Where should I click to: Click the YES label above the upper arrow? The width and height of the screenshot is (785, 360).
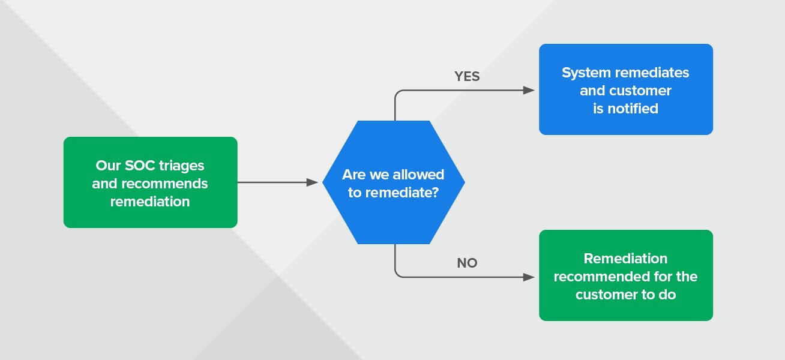pos(467,76)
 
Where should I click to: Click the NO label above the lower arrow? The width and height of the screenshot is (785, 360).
pos(467,263)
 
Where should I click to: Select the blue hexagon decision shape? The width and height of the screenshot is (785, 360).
pos(394,182)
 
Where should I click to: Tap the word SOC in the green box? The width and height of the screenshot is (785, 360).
pos(140,166)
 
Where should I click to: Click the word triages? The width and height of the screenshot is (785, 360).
pos(181,166)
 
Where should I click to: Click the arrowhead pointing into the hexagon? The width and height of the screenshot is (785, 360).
pos(312,182)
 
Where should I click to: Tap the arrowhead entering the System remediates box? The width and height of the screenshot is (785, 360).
pos(529,91)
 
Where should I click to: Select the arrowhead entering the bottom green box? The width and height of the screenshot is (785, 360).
pos(529,277)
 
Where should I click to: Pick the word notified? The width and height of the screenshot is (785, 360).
pos(633,109)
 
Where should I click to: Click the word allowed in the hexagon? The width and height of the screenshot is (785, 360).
pos(418,175)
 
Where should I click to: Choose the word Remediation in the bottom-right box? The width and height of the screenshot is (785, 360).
pos(625,259)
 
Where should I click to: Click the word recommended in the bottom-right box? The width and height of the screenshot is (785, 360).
pos(602,277)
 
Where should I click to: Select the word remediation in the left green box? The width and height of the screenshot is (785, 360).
pos(150,202)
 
